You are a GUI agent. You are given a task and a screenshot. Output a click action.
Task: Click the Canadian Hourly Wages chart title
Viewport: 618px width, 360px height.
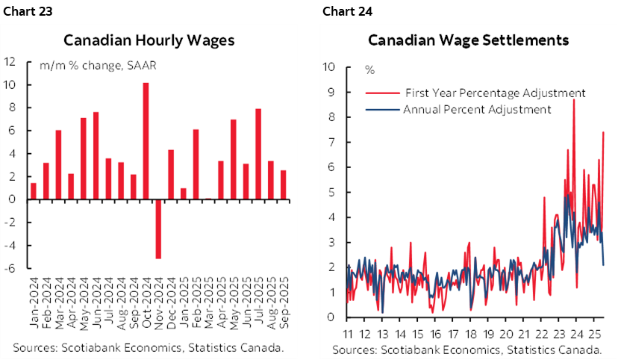pyautogui.click(x=149, y=40)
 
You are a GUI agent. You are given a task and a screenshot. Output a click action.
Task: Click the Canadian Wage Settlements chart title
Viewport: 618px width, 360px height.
pyautogui.click(x=468, y=40)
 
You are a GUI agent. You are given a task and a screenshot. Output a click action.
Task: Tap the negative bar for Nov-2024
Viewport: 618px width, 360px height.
pyautogui.click(x=158, y=229)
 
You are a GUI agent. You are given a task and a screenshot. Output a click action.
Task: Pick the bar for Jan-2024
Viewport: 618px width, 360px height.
pyautogui.click(x=34, y=191)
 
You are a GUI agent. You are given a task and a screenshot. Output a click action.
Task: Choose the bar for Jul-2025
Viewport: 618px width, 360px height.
pyautogui.click(x=258, y=154)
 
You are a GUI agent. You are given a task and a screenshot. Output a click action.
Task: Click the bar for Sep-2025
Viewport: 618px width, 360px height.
pyautogui.click(x=284, y=184)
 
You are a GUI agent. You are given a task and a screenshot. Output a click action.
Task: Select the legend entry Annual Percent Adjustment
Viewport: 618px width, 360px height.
pyautogui.click(x=477, y=109)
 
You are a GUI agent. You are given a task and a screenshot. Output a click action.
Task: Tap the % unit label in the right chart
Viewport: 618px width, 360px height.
pyautogui.click(x=369, y=70)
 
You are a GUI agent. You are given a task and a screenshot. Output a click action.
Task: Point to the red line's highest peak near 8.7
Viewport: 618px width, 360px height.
pyautogui.click(x=573, y=100)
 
